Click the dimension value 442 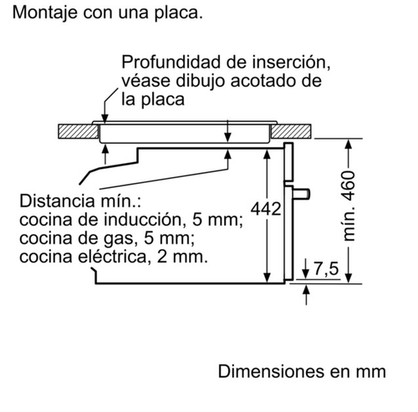[x=266, y=209]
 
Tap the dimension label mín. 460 [x=349, y=206]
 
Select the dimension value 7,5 [x=326, y=269]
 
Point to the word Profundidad [x=171, y=62]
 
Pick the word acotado [x=261, y=81]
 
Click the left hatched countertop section [x=78, y=131]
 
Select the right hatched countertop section [x=291, y=131]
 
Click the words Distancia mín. [x=80, y=201]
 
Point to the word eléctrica [x=112, y=257]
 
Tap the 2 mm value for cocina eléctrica [x=182, y=257]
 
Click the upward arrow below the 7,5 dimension [x=306, y=295]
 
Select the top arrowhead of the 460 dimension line [x=349, y=145]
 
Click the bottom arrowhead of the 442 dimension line [x=267, y=277]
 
